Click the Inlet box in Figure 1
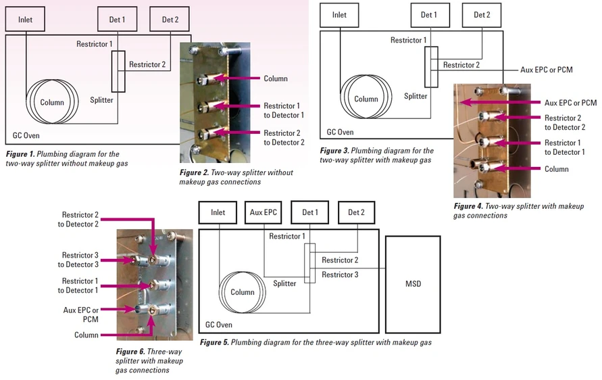(x=26, y=20)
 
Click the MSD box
(x=412, y=283)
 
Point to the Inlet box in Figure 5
(x=218, y=212)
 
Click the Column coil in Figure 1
(x=51, y=102)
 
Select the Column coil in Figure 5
(x=242, y=292)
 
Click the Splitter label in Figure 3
(x=416, y=96)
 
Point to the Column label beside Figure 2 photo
(x=276, y=78)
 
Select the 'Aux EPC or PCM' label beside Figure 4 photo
(x=570, y=103)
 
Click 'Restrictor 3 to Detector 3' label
(x=80, y=260)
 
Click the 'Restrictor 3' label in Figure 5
(x=340, y=274)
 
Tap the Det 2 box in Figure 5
(x=356, y=212)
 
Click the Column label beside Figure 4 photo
(x=558, y=169)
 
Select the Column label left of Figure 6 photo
(x=86, y=335)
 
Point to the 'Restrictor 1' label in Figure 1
(x=94, y=44)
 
